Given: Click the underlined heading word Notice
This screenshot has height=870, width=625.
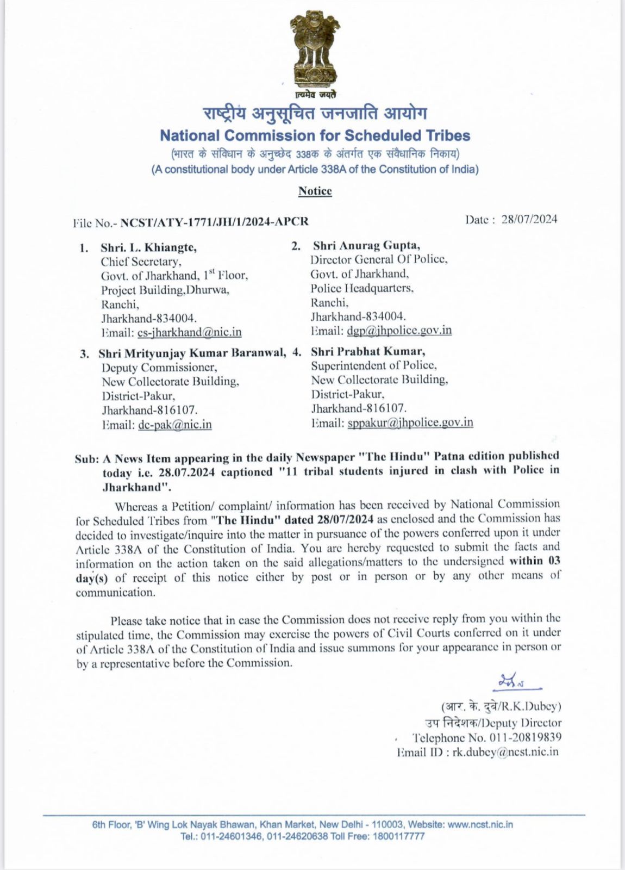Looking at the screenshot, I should (x=315, y=191).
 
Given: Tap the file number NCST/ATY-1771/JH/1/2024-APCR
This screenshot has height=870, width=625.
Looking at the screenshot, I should (x=214, y=222).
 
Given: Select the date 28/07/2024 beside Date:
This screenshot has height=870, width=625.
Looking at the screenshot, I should (x=529, y=219).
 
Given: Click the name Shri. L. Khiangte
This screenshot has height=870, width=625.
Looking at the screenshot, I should (x=148, y=247).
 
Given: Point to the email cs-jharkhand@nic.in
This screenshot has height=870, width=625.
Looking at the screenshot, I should (x=189, y=332).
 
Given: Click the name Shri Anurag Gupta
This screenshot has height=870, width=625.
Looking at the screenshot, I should (x=366, y=246).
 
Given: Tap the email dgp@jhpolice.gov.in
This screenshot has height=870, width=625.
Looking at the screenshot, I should (x=399, y=330).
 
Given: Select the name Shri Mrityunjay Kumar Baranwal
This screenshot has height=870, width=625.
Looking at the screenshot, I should (x=192, y=353).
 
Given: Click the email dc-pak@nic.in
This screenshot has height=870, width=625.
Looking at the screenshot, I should (x=174, y=425).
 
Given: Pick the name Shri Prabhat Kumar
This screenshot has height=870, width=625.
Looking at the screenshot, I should (x=368, y=351).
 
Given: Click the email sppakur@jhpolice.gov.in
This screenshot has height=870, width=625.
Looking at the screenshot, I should (x=410, y=422).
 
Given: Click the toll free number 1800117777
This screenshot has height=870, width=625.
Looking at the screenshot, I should (x=398, y=836).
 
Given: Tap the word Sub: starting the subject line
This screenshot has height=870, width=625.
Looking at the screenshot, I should (x=86, y=459).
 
